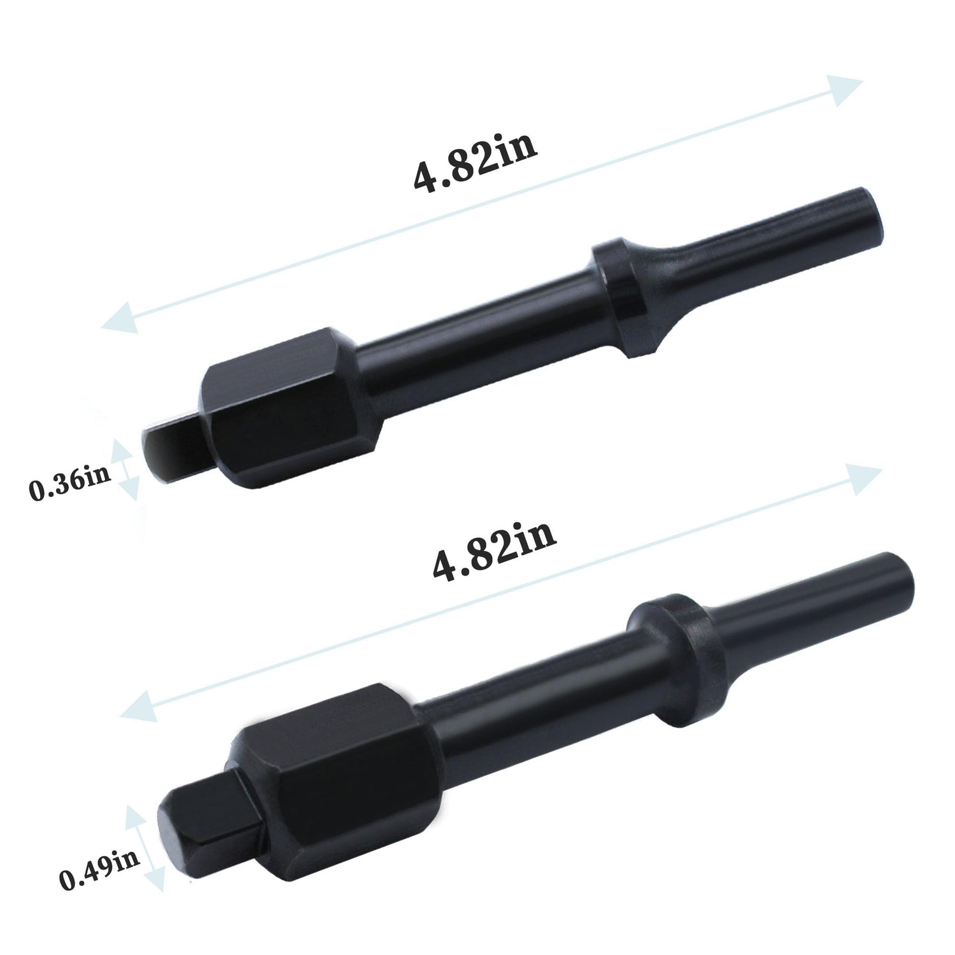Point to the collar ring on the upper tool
[621, 299]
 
